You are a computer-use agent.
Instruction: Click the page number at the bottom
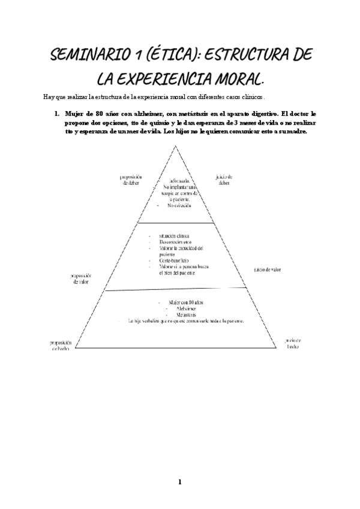tap(179, 482)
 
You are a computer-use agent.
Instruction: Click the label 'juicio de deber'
tap(223, 180)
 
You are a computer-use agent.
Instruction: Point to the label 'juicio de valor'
tap(268, 270)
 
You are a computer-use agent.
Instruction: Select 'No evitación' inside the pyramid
tap(179, 205)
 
